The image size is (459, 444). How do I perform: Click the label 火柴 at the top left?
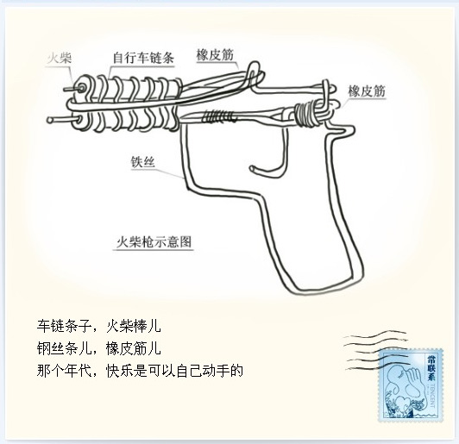point(60,59)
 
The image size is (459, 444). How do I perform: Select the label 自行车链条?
point(143,58)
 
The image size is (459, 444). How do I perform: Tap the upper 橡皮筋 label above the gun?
point(215,54)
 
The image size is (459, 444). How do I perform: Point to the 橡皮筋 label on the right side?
point(367,91)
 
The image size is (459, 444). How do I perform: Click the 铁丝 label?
point(142,162)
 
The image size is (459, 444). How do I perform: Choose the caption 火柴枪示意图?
point(154,242)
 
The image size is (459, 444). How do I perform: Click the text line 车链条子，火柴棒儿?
point(99,326)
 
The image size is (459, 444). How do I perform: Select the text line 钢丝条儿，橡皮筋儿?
point(99,348)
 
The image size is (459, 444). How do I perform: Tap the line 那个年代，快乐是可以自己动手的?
point(140,371)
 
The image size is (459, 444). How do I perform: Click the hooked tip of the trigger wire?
point(252,168)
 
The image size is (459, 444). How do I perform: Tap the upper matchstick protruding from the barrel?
point(72,88)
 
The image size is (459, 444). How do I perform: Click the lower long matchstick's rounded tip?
point(50,120)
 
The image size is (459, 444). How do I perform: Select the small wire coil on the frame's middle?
point(218,116)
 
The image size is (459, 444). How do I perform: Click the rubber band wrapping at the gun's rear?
point(306,115)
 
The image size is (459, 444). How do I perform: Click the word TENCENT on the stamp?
point(432,396)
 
